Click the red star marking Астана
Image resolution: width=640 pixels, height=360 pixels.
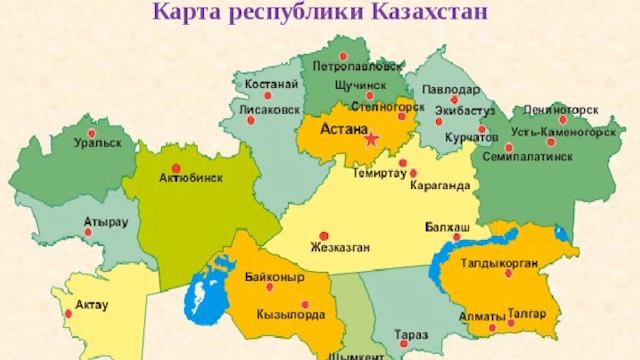(x=371, y=139)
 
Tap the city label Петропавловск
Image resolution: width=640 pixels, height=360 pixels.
(x=357, y=67)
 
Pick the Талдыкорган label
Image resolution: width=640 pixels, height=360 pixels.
(x=500, y=264)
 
